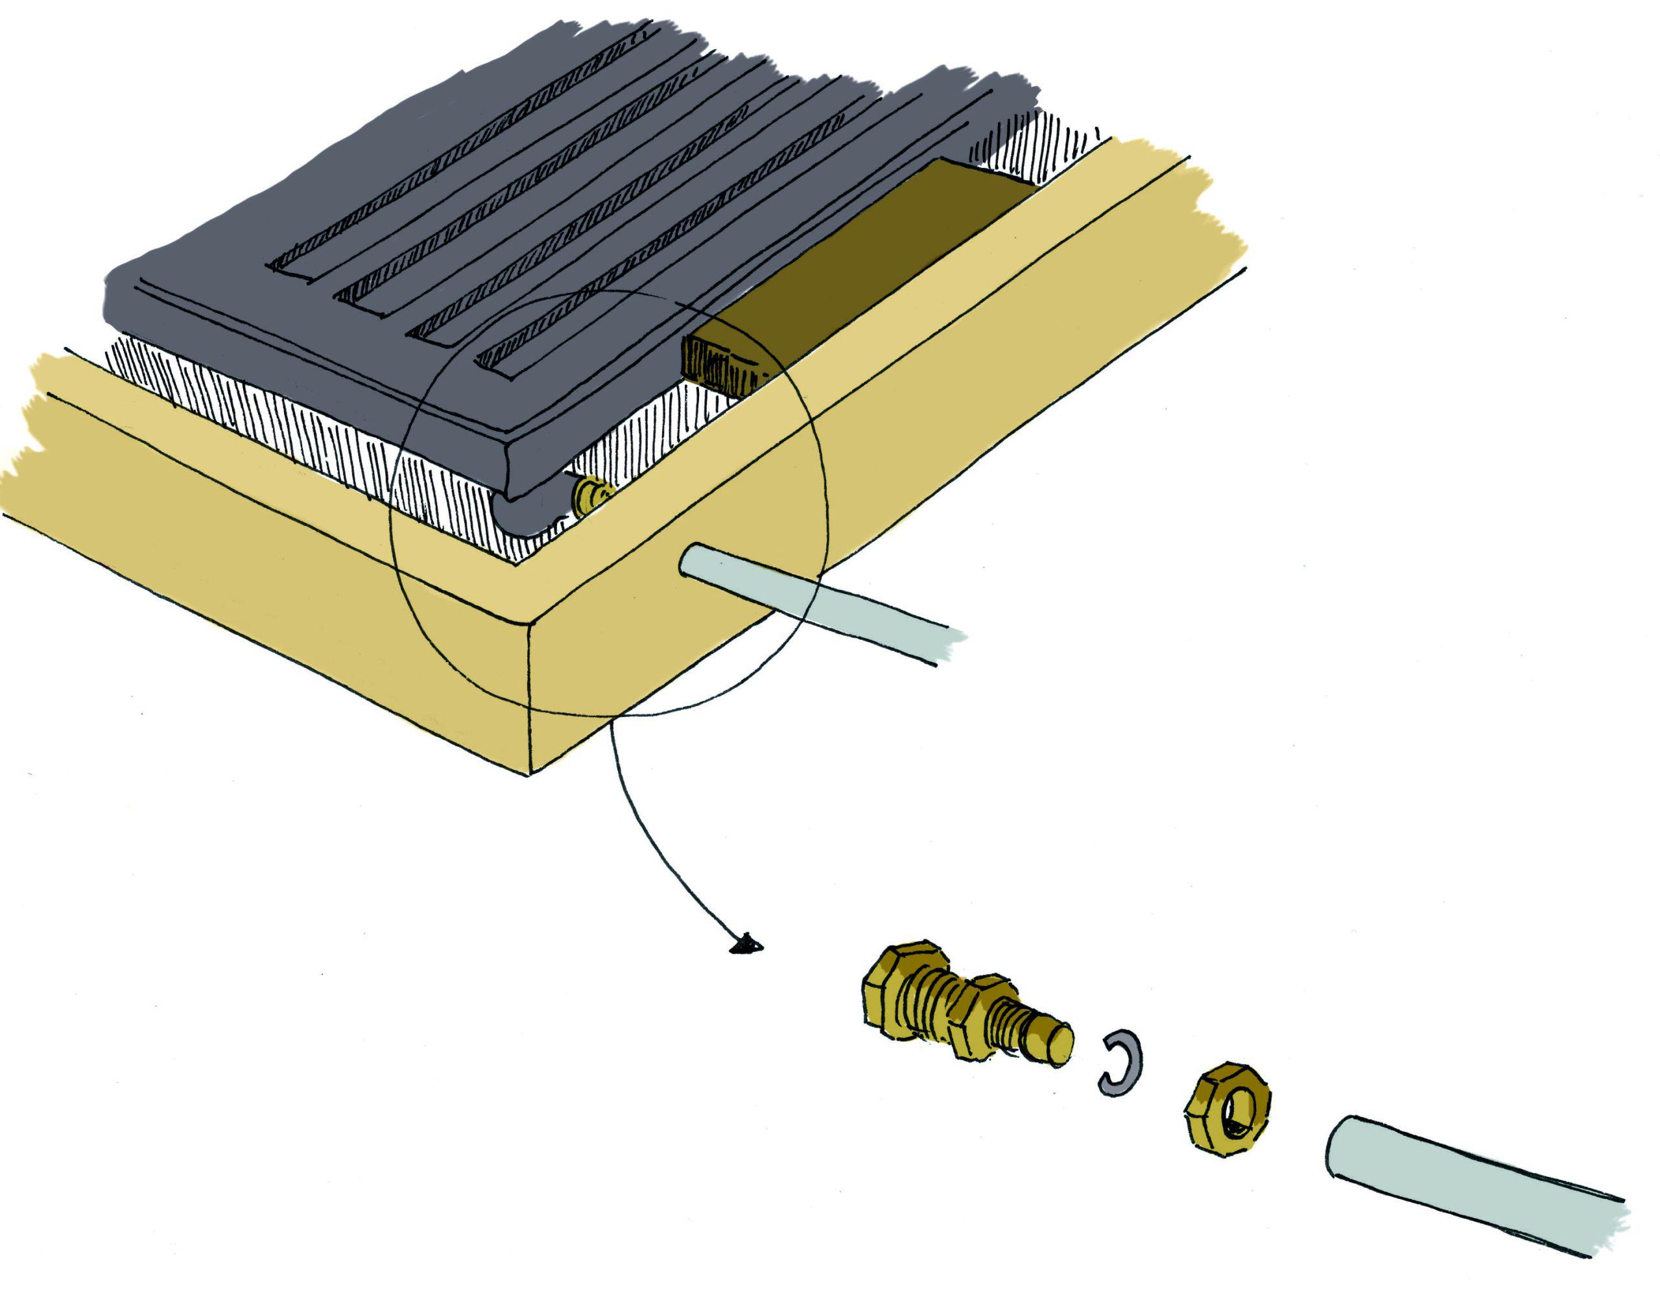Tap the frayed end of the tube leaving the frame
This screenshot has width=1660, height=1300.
[947, 648]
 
